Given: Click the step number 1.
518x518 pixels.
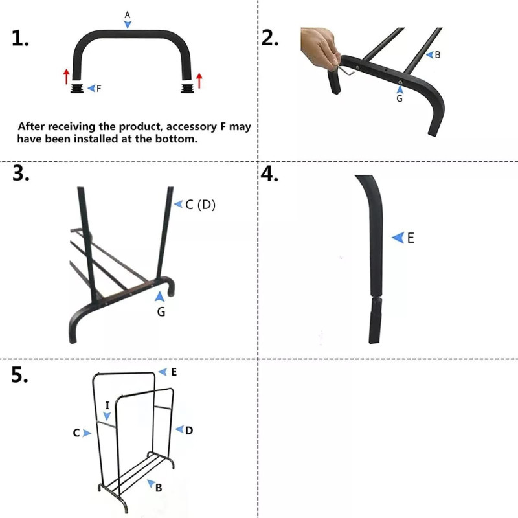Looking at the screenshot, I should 20,39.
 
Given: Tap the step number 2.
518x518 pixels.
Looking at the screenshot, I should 269,39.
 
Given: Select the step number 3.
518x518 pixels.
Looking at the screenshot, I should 20,175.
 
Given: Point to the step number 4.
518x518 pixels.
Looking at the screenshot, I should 269,175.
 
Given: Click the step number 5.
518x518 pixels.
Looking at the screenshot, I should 20,376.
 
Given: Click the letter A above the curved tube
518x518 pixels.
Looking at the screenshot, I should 128,14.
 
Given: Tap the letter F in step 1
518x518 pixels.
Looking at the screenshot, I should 98,88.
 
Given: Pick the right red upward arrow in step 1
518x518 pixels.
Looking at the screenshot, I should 199,80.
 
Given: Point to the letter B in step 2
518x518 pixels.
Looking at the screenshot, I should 438,55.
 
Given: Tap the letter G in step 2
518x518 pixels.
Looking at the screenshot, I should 400,99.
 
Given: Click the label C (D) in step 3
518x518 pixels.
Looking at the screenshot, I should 200,205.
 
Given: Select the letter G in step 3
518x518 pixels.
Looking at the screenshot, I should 161,312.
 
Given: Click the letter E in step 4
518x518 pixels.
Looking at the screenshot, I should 411,238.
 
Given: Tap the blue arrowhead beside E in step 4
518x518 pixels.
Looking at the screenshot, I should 397,238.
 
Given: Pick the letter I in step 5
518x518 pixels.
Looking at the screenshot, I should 107,405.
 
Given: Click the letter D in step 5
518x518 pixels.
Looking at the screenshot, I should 189,430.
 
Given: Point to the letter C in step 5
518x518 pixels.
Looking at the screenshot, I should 76,433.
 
